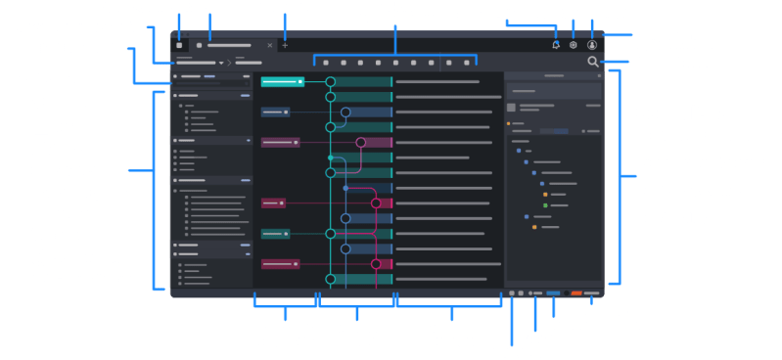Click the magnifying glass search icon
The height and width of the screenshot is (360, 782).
pyautogui.click(x=593, y=63)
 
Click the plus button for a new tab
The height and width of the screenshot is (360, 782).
pyautogui.click(x=285, y=45)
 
